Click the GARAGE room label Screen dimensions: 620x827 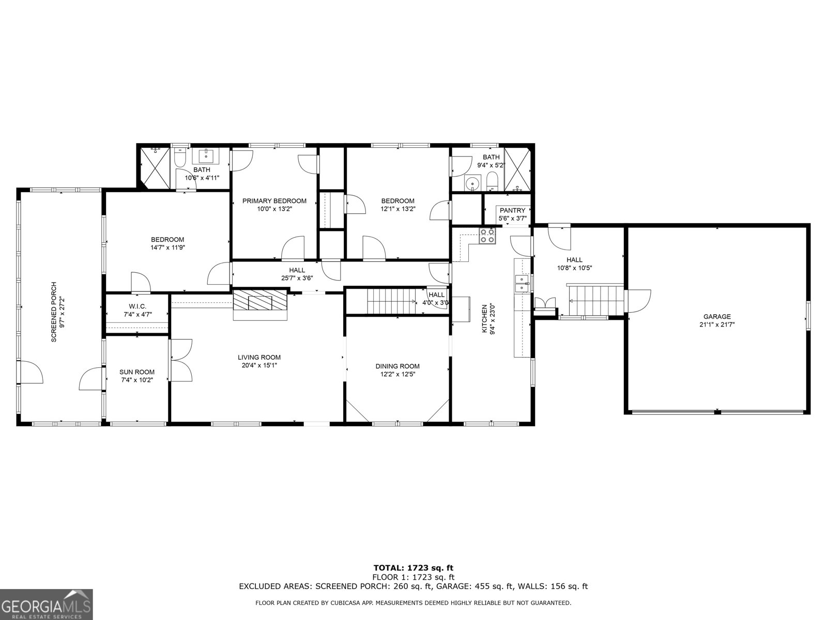pos(716,317)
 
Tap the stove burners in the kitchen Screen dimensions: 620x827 pos(487,236)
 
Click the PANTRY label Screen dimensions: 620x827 pos(512,210)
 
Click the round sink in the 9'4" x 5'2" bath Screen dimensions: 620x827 pos(471,183)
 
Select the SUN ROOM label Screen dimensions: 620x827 pos(137,372)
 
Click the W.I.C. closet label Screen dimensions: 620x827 pos(137,306)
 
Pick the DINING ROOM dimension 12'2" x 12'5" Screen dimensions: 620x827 pos(397,374)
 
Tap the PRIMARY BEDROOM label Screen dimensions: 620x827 pos(274,201)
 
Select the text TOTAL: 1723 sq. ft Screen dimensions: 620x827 pos(413,568)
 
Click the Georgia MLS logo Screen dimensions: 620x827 pos(46,604)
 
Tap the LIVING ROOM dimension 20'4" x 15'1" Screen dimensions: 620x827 pos(259,365)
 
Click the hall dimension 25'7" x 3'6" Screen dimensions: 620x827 pos(297,277)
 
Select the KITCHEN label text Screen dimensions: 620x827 pos(485,318)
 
